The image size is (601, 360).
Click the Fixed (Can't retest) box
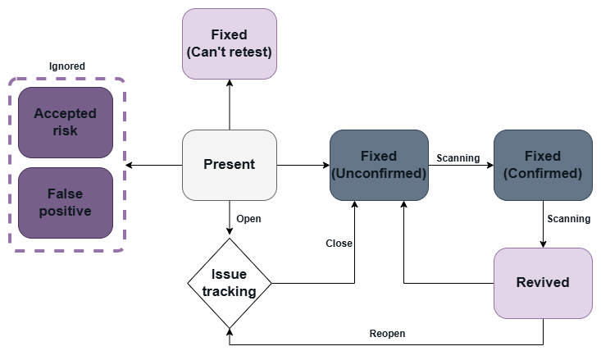tap(230, 43)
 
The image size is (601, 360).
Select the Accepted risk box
tap(66, 122)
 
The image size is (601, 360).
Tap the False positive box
tap(66, 203)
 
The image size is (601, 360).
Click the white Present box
tap(230, 165)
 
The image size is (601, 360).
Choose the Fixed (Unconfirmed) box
tap(379, 165)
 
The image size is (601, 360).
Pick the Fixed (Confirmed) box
tap(543, 165)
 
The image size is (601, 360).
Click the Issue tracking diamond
tap(230, 283)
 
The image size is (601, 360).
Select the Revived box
tap(543, 283)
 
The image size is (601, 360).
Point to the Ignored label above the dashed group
tap(66, 66)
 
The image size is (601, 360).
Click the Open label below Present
tap(248, 219)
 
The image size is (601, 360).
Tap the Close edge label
tap(339, 244)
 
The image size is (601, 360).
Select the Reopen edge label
tap(387, 334)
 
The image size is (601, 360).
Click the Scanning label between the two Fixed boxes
tap(458, 157)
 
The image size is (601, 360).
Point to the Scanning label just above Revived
tap(568, 219)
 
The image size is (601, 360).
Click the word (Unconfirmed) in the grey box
tap(379, 174)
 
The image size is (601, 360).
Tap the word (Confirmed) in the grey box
tap(543, 174)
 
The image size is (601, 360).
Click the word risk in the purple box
tap(66, 130)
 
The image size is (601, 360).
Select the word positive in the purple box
tap(66, 211)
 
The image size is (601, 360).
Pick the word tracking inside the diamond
tap(230, 291)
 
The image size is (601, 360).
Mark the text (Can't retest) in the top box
tap(230, 52)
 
